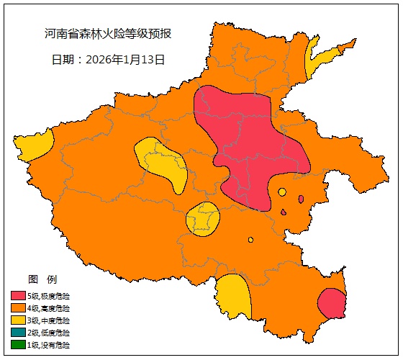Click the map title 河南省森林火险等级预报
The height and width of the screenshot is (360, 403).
click(x=107, y=34)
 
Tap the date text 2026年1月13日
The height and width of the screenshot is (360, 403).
click(x=108, y=60)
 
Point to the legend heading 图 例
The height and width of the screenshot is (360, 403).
click(x=42, y=279)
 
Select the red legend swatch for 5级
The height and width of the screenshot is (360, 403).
click(x=18, y=296)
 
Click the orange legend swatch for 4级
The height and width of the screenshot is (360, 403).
click(x=18, y=308)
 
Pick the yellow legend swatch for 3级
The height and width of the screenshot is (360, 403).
click(x=18, y=320)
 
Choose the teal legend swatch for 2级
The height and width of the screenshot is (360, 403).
click(x=18, y=333)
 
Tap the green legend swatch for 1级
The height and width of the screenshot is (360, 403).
click(x=18, y=345)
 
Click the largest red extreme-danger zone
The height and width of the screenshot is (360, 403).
click(x=248, y=144)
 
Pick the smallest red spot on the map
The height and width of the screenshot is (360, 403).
click(x=284, y=212)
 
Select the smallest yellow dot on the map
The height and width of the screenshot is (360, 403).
click(x=250, y=240)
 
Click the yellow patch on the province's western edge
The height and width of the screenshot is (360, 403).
click(x=33, y=147)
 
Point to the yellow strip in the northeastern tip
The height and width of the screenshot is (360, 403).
click(x=315, y=61)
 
